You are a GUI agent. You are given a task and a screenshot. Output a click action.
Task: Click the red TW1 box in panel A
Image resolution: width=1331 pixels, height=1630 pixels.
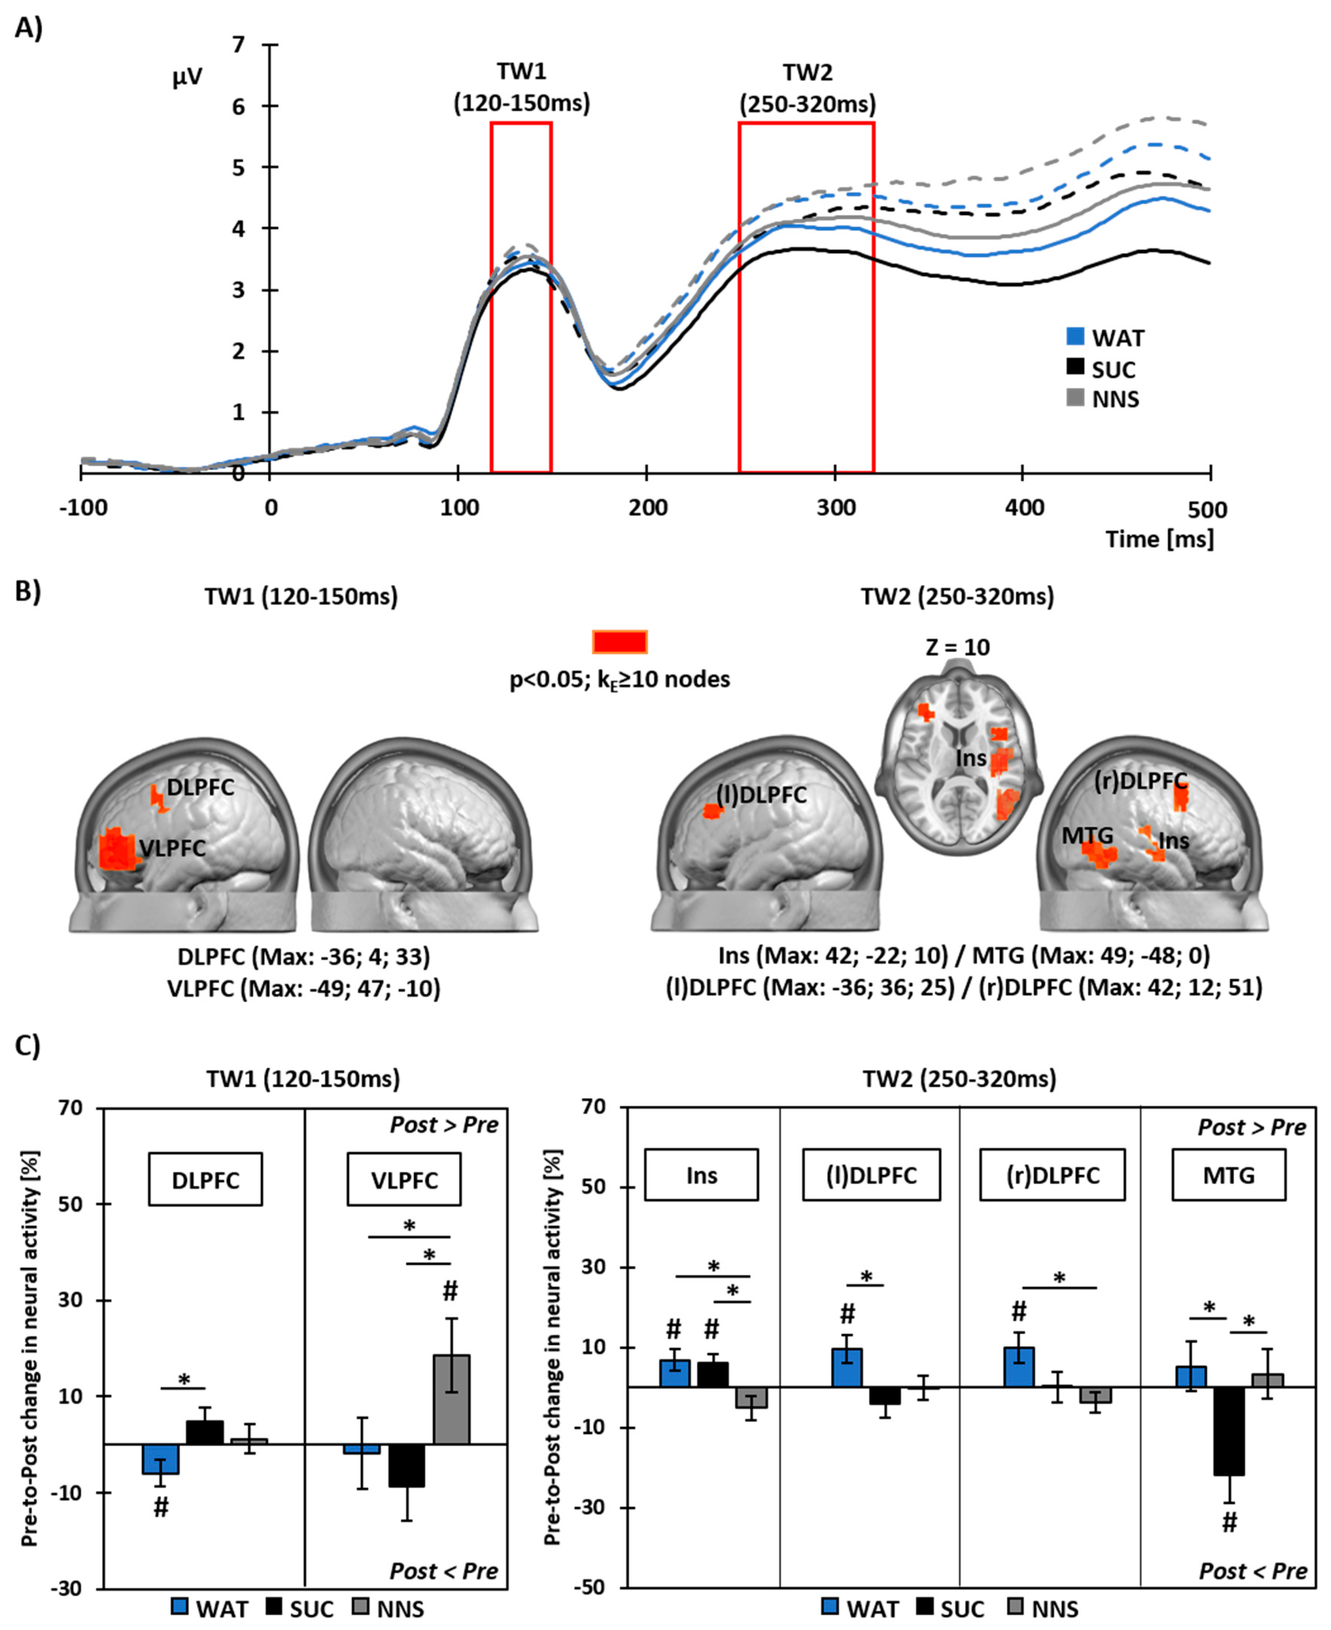pos(491,297)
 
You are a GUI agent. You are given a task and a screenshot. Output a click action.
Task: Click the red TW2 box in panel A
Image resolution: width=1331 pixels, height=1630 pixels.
pos(739,297)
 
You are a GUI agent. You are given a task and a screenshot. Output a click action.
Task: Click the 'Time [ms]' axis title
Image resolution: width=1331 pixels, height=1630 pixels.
pos(1159,539)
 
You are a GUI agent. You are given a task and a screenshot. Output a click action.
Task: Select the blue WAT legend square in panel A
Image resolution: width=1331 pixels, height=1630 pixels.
pos(1076,336)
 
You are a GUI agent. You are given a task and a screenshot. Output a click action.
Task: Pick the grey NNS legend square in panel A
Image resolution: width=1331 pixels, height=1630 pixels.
pos(1076,397)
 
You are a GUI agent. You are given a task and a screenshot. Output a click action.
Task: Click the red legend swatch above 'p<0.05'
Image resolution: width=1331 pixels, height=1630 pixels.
pos(619,641)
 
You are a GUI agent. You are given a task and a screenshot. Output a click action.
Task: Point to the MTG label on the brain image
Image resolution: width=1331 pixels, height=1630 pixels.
pos(1087,835)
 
